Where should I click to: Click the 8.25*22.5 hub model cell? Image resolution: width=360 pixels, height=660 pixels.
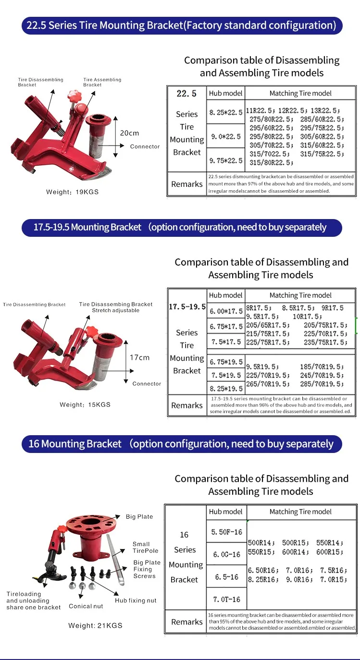point(225,112)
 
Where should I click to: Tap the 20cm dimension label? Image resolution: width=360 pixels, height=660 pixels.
point(129,133)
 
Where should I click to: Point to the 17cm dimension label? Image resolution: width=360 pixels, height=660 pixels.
point(140,357)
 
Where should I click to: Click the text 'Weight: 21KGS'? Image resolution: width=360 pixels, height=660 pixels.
point(95,625)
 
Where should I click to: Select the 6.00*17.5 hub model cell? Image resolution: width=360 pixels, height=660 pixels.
point(225,312)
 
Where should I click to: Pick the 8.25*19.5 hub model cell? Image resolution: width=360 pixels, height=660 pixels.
point(225,388)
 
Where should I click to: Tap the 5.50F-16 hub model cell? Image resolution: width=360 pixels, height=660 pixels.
point(226,532)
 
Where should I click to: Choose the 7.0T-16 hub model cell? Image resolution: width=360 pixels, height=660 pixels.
point(226,599)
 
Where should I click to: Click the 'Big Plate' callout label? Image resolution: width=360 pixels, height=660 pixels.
point(139,517)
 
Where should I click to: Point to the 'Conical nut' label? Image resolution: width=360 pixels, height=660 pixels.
point(86,606)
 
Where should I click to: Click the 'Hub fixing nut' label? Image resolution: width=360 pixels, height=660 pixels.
point(136,600)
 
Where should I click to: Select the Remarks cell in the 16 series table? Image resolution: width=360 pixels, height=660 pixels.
point(187,622)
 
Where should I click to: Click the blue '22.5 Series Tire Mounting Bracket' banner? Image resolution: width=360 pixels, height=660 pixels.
point(182,25)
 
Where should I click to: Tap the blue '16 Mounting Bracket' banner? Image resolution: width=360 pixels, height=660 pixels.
point(182,444)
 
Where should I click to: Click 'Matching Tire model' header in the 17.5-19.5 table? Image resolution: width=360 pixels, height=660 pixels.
point(300,295)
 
